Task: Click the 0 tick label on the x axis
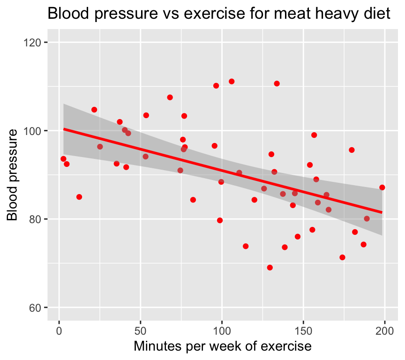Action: click(59, 330)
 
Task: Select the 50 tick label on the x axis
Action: click(141, 330)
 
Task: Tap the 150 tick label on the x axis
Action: click(303, 330)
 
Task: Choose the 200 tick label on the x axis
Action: click(385, 330)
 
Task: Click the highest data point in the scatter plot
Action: click(232, 82)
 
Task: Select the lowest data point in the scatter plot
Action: click(270, 268)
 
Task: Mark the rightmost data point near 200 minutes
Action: click(382, 187)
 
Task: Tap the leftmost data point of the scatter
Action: click(63, 159)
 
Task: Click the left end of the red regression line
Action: click(64, 128)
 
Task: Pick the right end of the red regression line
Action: click(382, 212)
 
